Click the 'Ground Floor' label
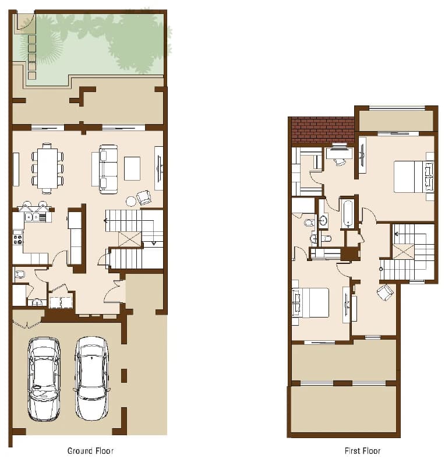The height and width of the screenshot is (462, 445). [90, 451]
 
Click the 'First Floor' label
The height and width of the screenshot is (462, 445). [362, 451]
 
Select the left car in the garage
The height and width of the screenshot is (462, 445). [44, 379]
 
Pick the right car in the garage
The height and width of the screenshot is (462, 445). [91, 378]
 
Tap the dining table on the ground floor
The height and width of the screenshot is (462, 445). [47, 168]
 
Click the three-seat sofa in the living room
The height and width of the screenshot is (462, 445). [108, 169]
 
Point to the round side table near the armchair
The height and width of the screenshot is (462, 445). [130, 201]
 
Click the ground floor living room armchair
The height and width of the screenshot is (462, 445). [144, 198]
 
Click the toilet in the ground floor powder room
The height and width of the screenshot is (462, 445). [20, 274]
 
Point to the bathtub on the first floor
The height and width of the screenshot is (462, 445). [348, 213]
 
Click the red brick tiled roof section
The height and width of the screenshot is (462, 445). [323, 130]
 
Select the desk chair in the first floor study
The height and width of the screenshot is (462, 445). [340, 161]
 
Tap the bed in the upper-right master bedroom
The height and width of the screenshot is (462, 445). [414, 177]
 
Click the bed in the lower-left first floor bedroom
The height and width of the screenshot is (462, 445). [310, 302]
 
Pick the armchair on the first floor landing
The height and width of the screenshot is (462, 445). [385, 292]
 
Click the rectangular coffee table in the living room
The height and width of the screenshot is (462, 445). [132, 168]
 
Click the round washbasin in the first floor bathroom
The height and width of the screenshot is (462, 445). [323, 220]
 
